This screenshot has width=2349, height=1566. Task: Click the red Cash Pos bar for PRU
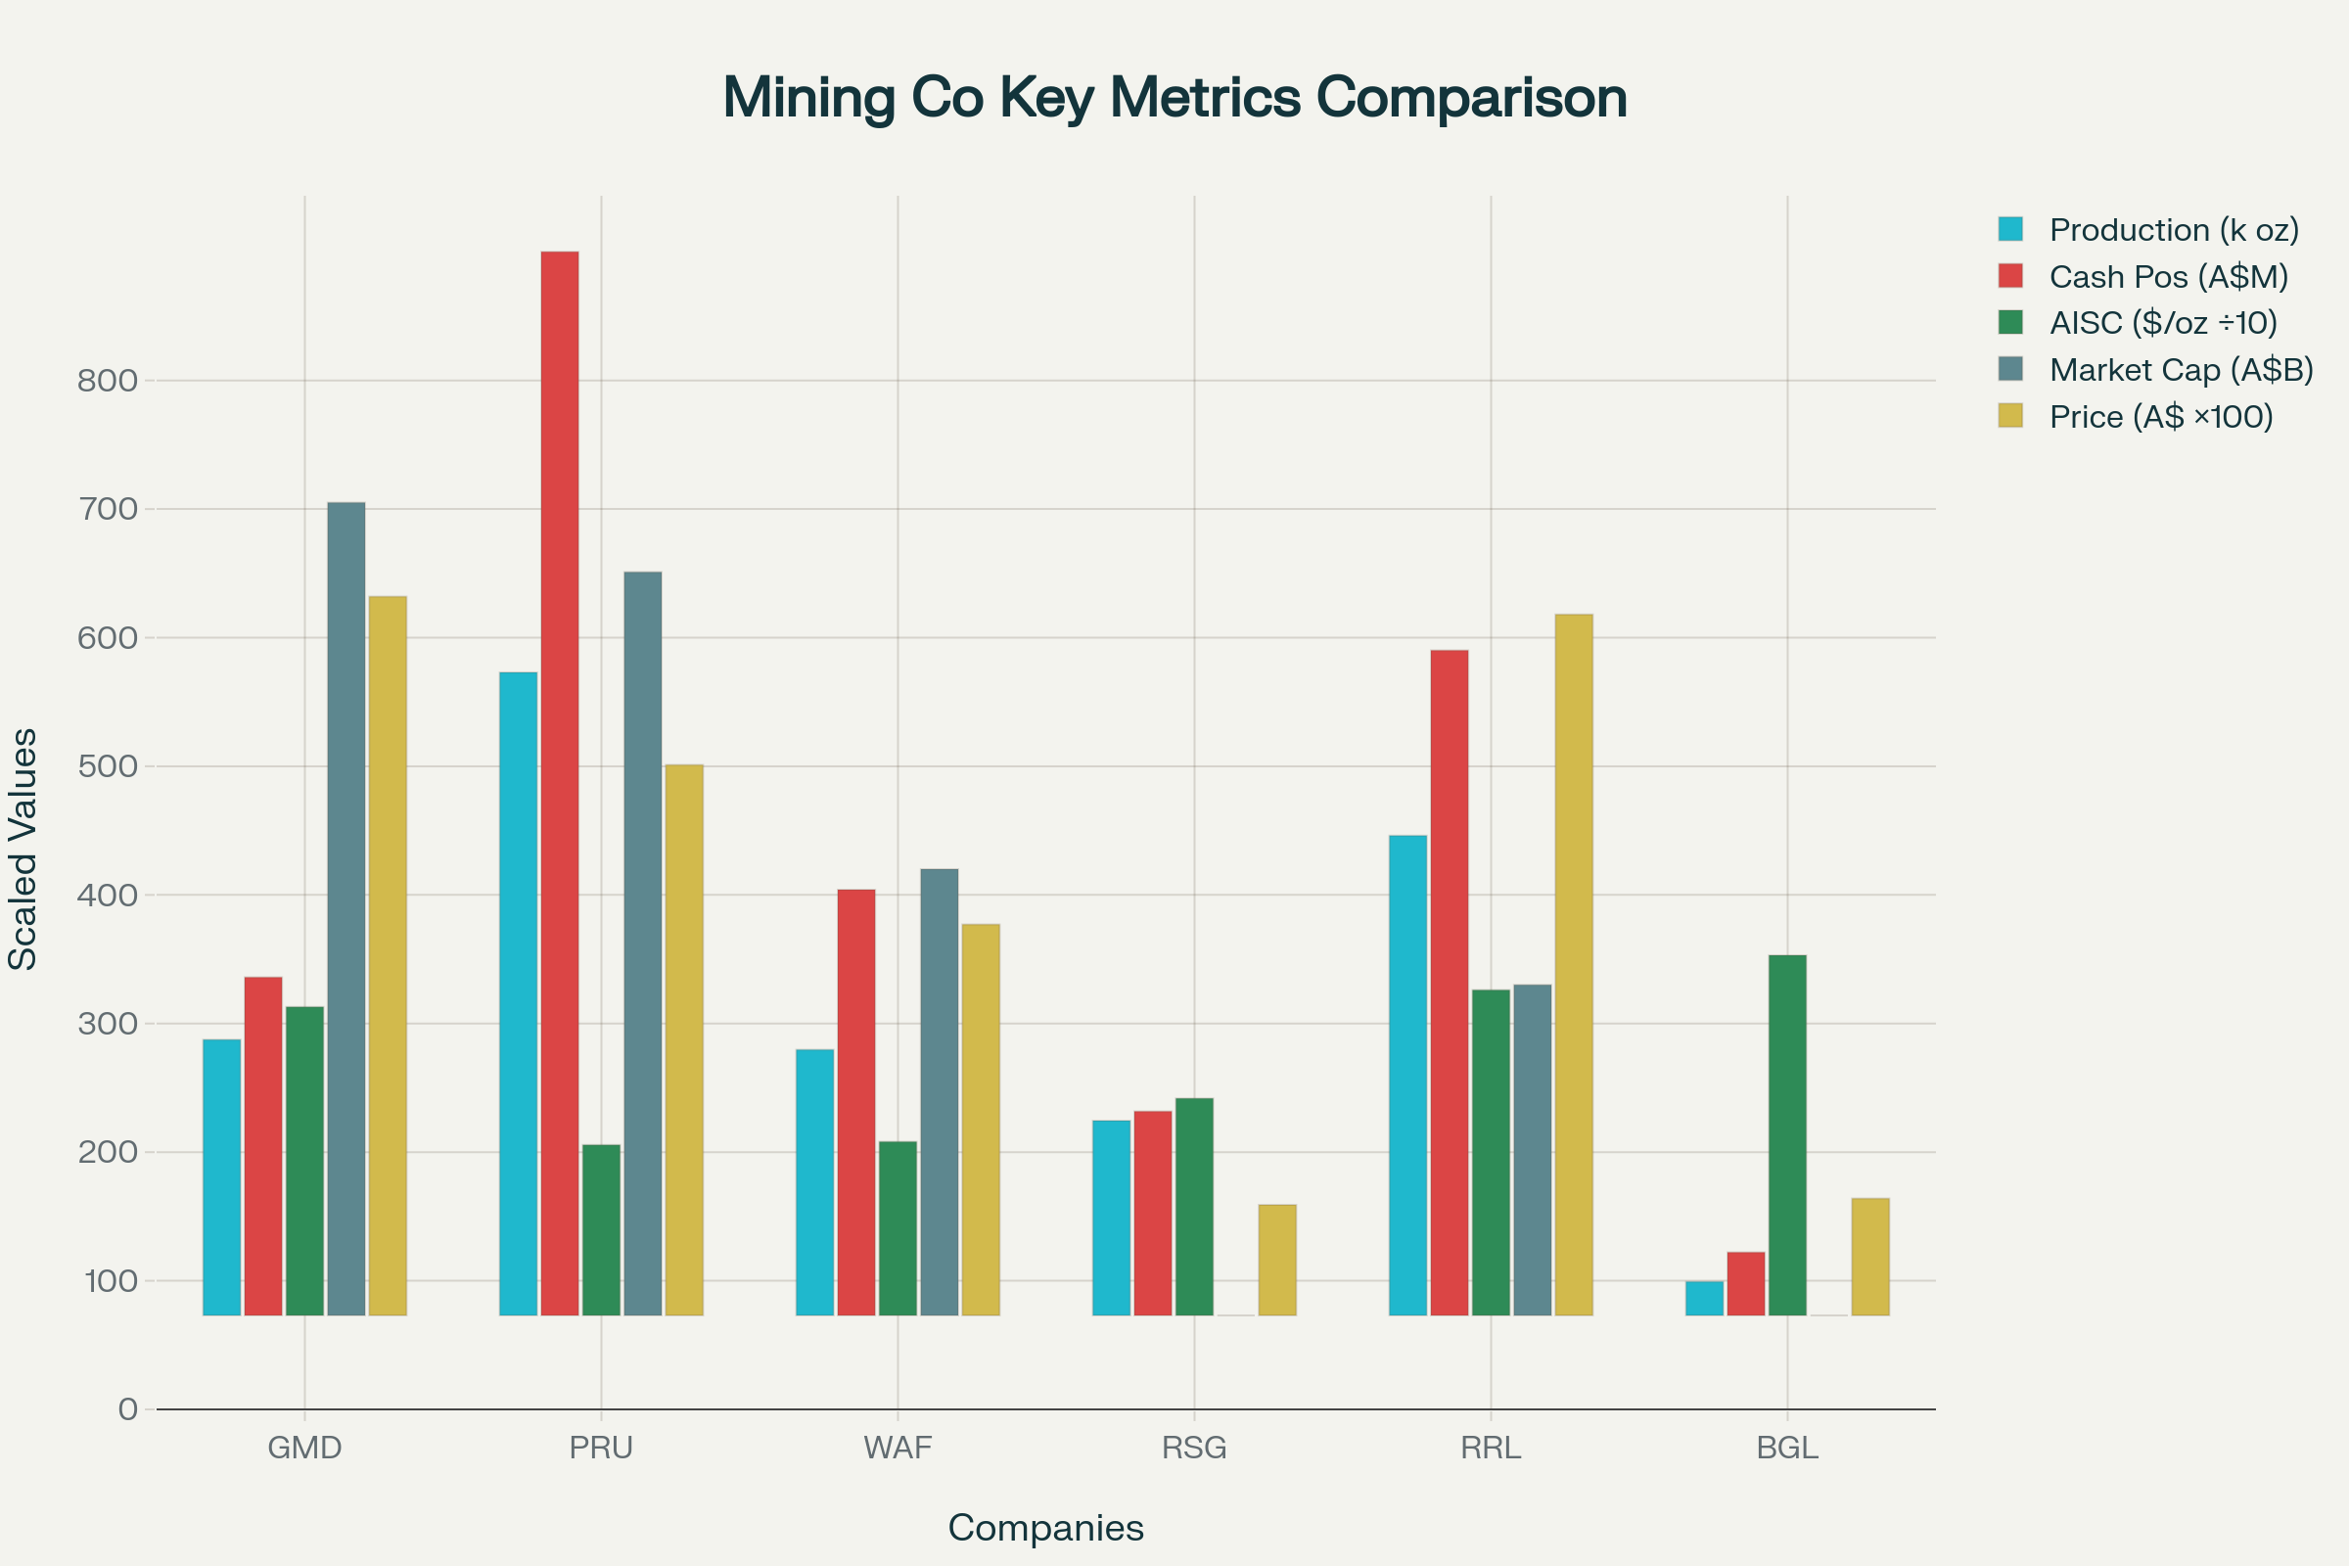pyautogui.click(x=559, y=783)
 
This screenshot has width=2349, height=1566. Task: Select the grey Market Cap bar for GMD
pyautogui.click(x=345, y=909)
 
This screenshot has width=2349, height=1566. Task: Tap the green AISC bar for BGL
pyautogui.click(x=1787, y=1134)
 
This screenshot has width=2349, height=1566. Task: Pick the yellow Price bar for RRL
pyautogui.click(x=1573, y=965)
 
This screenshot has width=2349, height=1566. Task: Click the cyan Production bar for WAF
pyautogui.click(x=814, y=1181)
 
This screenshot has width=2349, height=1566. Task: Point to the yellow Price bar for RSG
pyautogui.click(x=1276, y=1260)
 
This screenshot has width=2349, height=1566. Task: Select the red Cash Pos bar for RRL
pyautogui.click(x=1449, y=983)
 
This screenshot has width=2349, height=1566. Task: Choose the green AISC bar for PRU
pyautogui.click(x=600, y=1229)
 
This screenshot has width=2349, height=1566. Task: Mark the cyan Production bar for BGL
pyautogui.click(x=1704, y=1298)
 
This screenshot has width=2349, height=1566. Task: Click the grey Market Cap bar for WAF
pyautogui.click(x=939, y=1091)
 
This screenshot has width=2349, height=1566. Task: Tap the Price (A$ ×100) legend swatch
pyautogui.click(x=2009, y=415)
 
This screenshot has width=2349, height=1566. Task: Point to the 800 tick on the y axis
pyautogui.click(x=107, y=381)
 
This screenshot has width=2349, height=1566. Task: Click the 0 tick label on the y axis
pyautogui.click(x=128, y=1409)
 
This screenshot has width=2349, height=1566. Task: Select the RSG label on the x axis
pyautogui.click(x=1193, y=1449)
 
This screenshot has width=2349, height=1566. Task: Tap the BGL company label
pyautogui.click(x=1787, y=1449)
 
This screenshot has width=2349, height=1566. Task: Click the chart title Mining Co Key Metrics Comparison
pyautogui.click(x=1174, y=98)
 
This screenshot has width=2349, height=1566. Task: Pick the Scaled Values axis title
pyautogui.click(x=23, y=849)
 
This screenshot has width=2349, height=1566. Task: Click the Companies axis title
pyautogui.click(x=1045, y=1528)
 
